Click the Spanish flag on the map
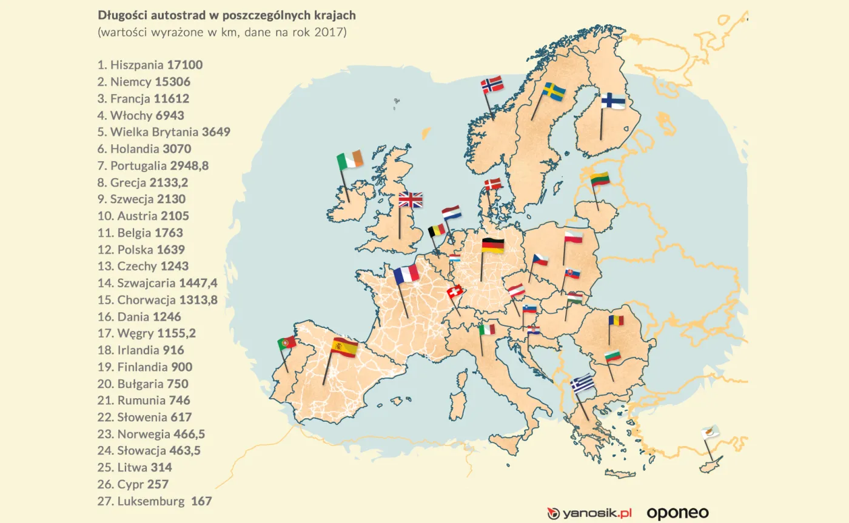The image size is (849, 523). tap(344, 348)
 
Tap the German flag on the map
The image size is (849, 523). tap(492, 245)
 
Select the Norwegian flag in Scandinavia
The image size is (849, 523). tap(492, 84)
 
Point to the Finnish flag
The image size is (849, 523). tap(613, 101)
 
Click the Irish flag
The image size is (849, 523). tap(350, 159)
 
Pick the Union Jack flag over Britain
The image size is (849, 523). tap(411, 200)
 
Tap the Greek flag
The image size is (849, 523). tap(583, 384)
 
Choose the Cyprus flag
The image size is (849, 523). tap(710, 432)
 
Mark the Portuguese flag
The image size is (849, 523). tap(287, 343)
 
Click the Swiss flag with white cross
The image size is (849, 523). tap(454, 292)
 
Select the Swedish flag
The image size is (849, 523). tap(554, 92)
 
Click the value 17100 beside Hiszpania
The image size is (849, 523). tap(185, 65)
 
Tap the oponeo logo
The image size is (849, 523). tap(677, 513)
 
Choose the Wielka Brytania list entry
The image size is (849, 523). tap(164, 132)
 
